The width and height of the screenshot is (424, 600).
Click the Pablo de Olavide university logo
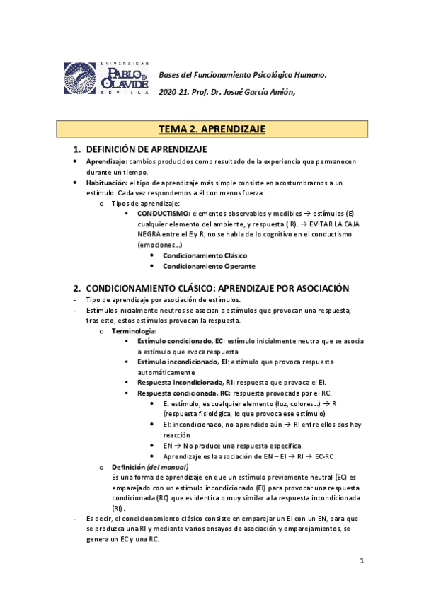pos(107,78)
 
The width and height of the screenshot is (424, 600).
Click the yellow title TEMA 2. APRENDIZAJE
pos(212,129)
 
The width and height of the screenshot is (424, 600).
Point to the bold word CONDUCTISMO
pos(163,213)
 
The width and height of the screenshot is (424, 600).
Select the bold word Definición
pos(128,467)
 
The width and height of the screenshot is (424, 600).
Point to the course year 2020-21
pos(173,92)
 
